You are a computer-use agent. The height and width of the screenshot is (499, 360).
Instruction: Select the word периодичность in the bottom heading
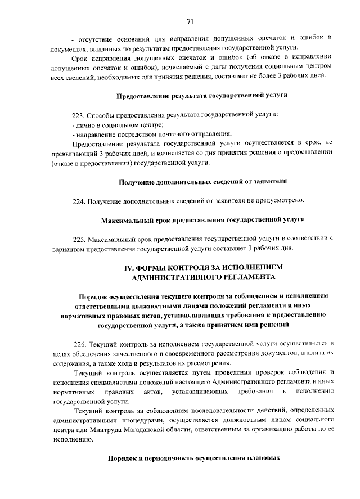click(168, 458)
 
